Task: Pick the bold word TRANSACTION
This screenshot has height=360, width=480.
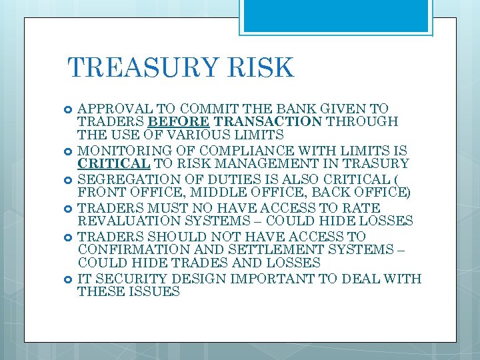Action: pos(247,121)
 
